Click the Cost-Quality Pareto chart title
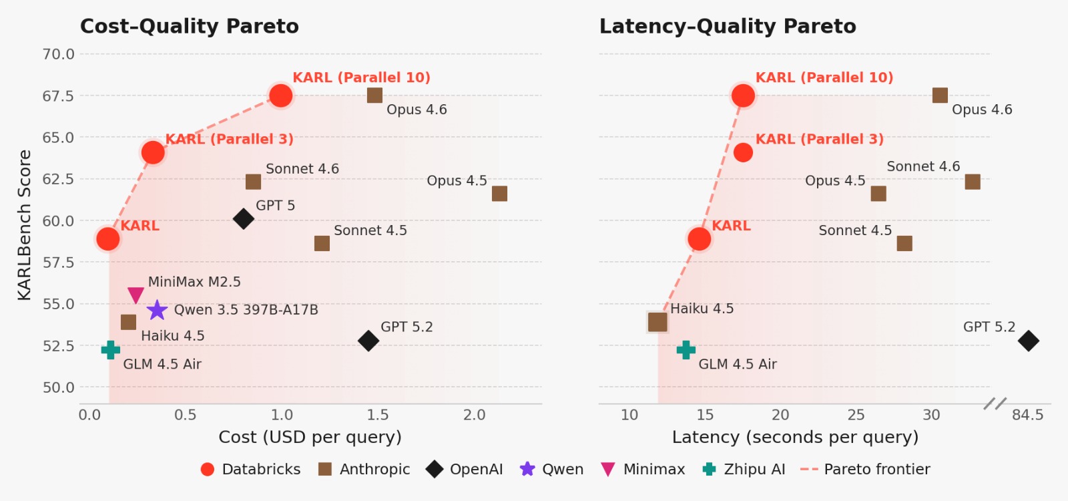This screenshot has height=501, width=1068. pos(190,27)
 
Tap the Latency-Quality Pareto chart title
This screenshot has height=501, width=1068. pos(728,27)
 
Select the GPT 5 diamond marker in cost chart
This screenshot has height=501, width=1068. pos(244,218)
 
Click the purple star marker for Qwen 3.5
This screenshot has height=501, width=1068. pos(157,310)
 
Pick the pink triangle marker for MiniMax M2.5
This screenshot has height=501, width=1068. pos(136,295)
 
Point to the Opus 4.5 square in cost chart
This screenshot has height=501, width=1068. pos(499,194)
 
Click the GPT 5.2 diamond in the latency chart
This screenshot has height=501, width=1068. pos(1029,341)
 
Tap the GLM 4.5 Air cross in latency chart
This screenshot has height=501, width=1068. pos(686,350)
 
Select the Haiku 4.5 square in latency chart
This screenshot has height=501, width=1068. pos(657,322)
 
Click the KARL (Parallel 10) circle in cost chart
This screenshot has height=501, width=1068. pos(281,96)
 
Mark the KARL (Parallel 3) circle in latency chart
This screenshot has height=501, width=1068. pos(743,152)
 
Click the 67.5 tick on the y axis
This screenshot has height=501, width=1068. pos(59,96)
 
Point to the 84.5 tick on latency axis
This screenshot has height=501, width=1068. pos(1027,415)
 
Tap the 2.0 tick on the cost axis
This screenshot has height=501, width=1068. pos(474,415)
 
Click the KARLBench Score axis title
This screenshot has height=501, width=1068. pos(25,225)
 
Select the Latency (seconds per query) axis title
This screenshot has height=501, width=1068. pos(795,438)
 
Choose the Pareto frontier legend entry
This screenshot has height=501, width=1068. pos(865,470)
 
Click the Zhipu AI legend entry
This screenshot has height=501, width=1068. pos(744,470)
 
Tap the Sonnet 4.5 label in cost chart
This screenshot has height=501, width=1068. pos(370,230)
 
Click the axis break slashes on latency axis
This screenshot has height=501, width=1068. pos(995,403)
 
